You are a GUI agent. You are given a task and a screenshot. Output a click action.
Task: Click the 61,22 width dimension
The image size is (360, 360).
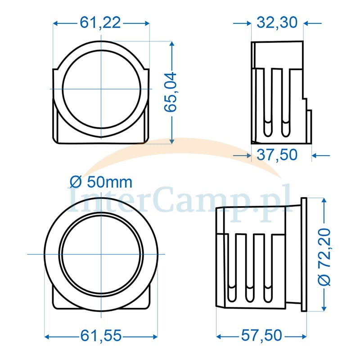coord(100,23)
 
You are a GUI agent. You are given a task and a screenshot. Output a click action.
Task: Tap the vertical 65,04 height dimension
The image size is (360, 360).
coord(171,92)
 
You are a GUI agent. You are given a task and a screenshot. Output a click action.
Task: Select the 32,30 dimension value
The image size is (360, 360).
coord(277,22)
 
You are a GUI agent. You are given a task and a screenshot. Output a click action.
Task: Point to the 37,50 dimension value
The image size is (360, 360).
coord(277,155)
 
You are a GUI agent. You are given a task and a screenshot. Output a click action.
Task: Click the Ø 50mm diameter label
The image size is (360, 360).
coord(101,182)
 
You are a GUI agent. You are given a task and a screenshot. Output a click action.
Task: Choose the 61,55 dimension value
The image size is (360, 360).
coord(101,336)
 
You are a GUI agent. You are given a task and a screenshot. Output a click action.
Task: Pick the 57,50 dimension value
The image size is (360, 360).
coord(261,335)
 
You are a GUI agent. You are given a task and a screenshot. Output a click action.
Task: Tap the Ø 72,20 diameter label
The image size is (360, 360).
coord(324,257)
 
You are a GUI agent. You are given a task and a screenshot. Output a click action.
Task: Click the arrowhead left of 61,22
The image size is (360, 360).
coord(55,23)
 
